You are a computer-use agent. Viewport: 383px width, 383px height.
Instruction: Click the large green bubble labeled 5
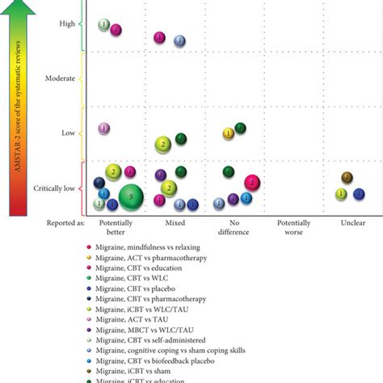pos(132,196)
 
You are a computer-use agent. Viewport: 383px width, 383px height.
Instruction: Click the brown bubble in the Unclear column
pos(347,177)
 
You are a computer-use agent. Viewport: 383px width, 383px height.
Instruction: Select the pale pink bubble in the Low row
pos(104,128)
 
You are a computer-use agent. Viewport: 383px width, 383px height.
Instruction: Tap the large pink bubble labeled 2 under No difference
pos(252,183)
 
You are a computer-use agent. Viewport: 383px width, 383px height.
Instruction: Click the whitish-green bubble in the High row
pos(104,25)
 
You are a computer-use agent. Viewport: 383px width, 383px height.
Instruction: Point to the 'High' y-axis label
pos(67,23)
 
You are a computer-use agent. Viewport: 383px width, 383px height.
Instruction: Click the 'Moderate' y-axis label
pos(61,78)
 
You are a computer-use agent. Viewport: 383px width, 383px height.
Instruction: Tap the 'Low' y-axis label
pos(68,133)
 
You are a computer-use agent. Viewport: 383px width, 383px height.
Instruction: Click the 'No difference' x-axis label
pos(235,225)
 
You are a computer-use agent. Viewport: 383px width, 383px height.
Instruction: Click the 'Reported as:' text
pos(61,221)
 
